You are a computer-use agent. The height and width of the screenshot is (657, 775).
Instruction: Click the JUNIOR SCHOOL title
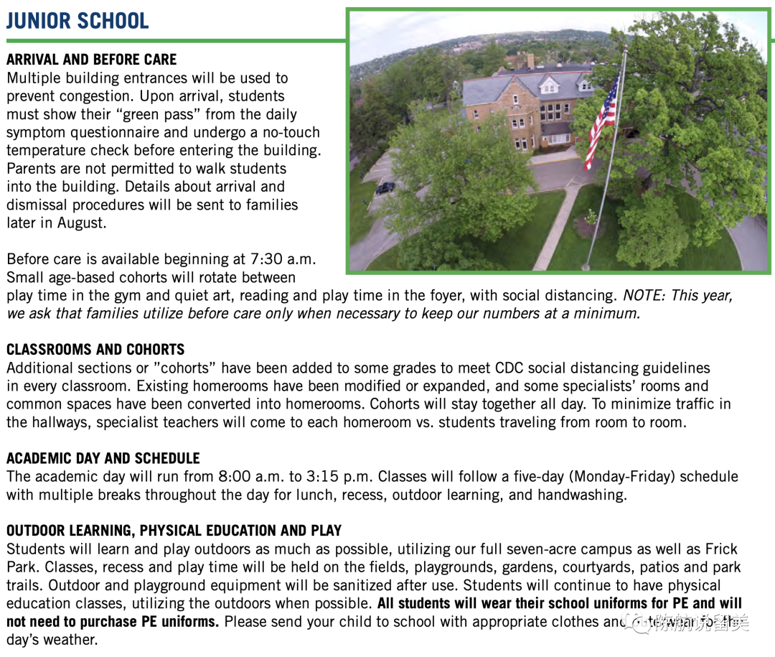(77, 21)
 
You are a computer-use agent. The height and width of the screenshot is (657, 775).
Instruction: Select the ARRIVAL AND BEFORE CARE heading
(91, 60)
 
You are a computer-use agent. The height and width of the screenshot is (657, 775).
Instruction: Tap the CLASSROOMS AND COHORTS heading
(95, 350)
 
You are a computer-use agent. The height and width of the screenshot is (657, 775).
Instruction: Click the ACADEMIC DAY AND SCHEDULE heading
(103, 458)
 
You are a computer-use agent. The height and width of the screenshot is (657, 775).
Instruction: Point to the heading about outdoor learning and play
(174, 531)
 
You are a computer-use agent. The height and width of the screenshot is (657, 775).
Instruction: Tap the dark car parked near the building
(385, 188)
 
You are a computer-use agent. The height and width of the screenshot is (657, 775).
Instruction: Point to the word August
(82, 223)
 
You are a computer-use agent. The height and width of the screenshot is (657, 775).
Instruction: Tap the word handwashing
(581, 495)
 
